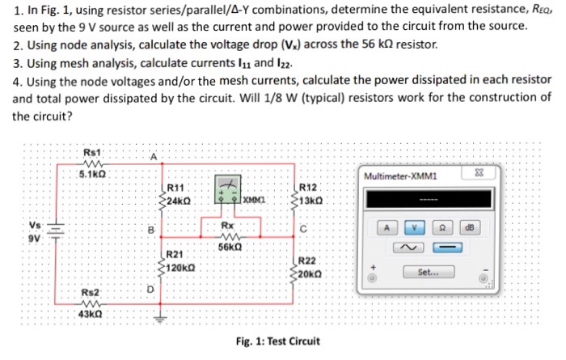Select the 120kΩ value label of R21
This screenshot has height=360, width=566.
(x=182, y=267)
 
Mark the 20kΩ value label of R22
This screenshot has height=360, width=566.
(x=310, y=273)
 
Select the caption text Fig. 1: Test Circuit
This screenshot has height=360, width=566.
(x=277, y=341)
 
